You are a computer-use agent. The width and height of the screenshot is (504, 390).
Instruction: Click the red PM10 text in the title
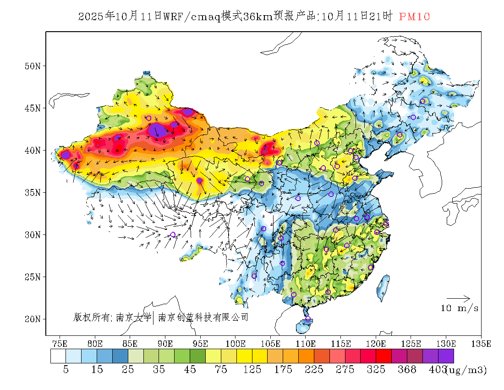pyautogui.click(x=414, y=17)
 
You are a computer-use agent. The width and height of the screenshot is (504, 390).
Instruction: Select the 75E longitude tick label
pyautogui.click(x=60, y=343)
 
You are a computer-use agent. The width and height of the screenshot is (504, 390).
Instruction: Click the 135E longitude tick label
pyautogui.click(x=481, y=343)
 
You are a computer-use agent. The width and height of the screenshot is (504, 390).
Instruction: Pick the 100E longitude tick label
pyautogui.click(x=236, y=343)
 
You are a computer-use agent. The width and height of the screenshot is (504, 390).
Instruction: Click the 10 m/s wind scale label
pyautogui.click(x=460, y=308)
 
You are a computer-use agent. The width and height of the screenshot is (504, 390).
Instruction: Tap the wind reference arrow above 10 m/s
pyautogui.click(x=458, y=298)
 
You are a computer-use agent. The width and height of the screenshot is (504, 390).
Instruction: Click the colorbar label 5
pyautogui.click(x=66, y=369)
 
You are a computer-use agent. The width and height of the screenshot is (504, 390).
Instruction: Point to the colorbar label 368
pyautogui.click(x=407, y=369)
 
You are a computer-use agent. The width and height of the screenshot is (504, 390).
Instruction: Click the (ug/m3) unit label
pyautogui.click(x=466, y=369)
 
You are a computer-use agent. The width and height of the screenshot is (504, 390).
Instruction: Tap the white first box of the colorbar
pyautogui.click(x=58, y=356)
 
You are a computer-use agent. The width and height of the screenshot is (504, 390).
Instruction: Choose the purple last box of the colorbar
pyautogui.click(x=446, y=356)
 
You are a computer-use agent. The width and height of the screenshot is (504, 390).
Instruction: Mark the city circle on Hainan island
pyautogui.click(x=308, y=319)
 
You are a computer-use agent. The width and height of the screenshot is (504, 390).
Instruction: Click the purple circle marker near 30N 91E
pyautogui.click(x=173, y=234)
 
